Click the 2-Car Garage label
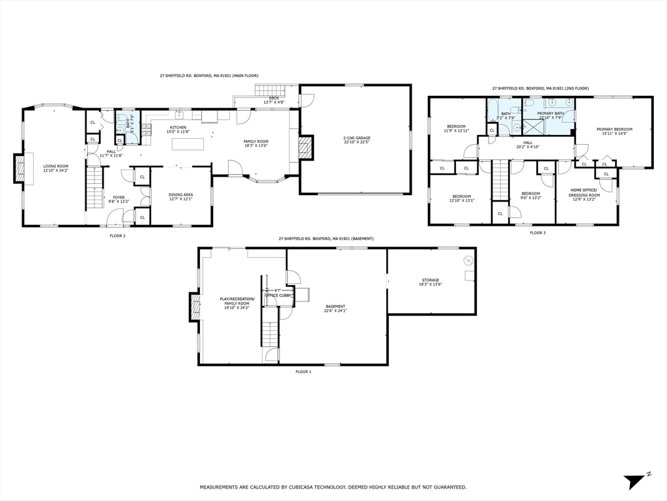[356, 140]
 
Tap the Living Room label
[56, 168]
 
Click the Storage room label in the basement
[429, 282]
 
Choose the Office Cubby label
[278, 296]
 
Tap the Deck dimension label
[274, 100]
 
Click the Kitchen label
[178, 129]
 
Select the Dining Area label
[180, 196]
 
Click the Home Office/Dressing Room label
[584, 193]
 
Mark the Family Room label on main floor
[256, 143]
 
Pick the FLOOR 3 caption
[537, 232]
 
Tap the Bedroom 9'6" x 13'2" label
[531, 195]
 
